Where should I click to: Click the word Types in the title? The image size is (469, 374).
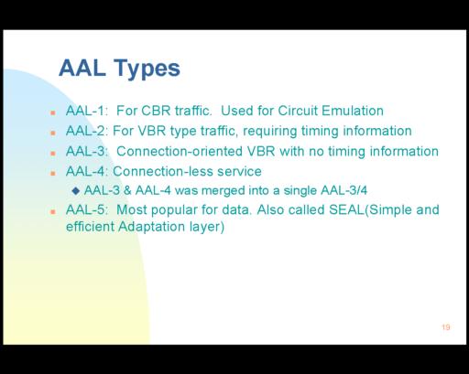[x=147, y=69]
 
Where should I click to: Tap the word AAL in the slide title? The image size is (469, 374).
[x=82, y=68]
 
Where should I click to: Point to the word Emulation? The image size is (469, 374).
[x=353, y=111]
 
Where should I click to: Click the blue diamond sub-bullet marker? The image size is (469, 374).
[x=76, y=191]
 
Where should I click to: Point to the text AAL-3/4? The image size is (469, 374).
[x=344, y=190]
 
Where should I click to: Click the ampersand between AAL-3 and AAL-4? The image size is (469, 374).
[x=127, y=190]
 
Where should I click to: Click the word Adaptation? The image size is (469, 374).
[x=151, y=227]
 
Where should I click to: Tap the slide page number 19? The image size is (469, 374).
[x=446, y=327]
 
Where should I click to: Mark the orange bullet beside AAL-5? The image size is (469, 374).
[x=53, y=212]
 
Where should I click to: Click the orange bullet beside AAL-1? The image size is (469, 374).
[x=53, y=112]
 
